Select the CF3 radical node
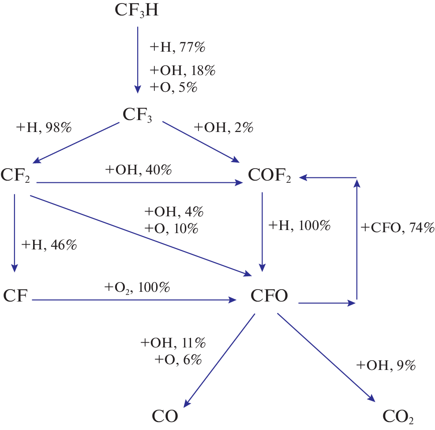[x=137, y=115]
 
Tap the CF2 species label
[x=15, y=175]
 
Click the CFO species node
[x=270, y=296]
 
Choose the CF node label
[x=16, y=295]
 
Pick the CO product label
[x=165, y=416]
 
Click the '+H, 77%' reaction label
[x=178, y=47]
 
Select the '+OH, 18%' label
[x=183, y=71]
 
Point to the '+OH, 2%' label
[x=223, y=128]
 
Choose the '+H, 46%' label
[x=49, y=245]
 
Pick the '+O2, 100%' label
[x=137, y=288]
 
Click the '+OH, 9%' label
[x=386, y=366]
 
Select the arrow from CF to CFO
[x=132, y=300]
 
